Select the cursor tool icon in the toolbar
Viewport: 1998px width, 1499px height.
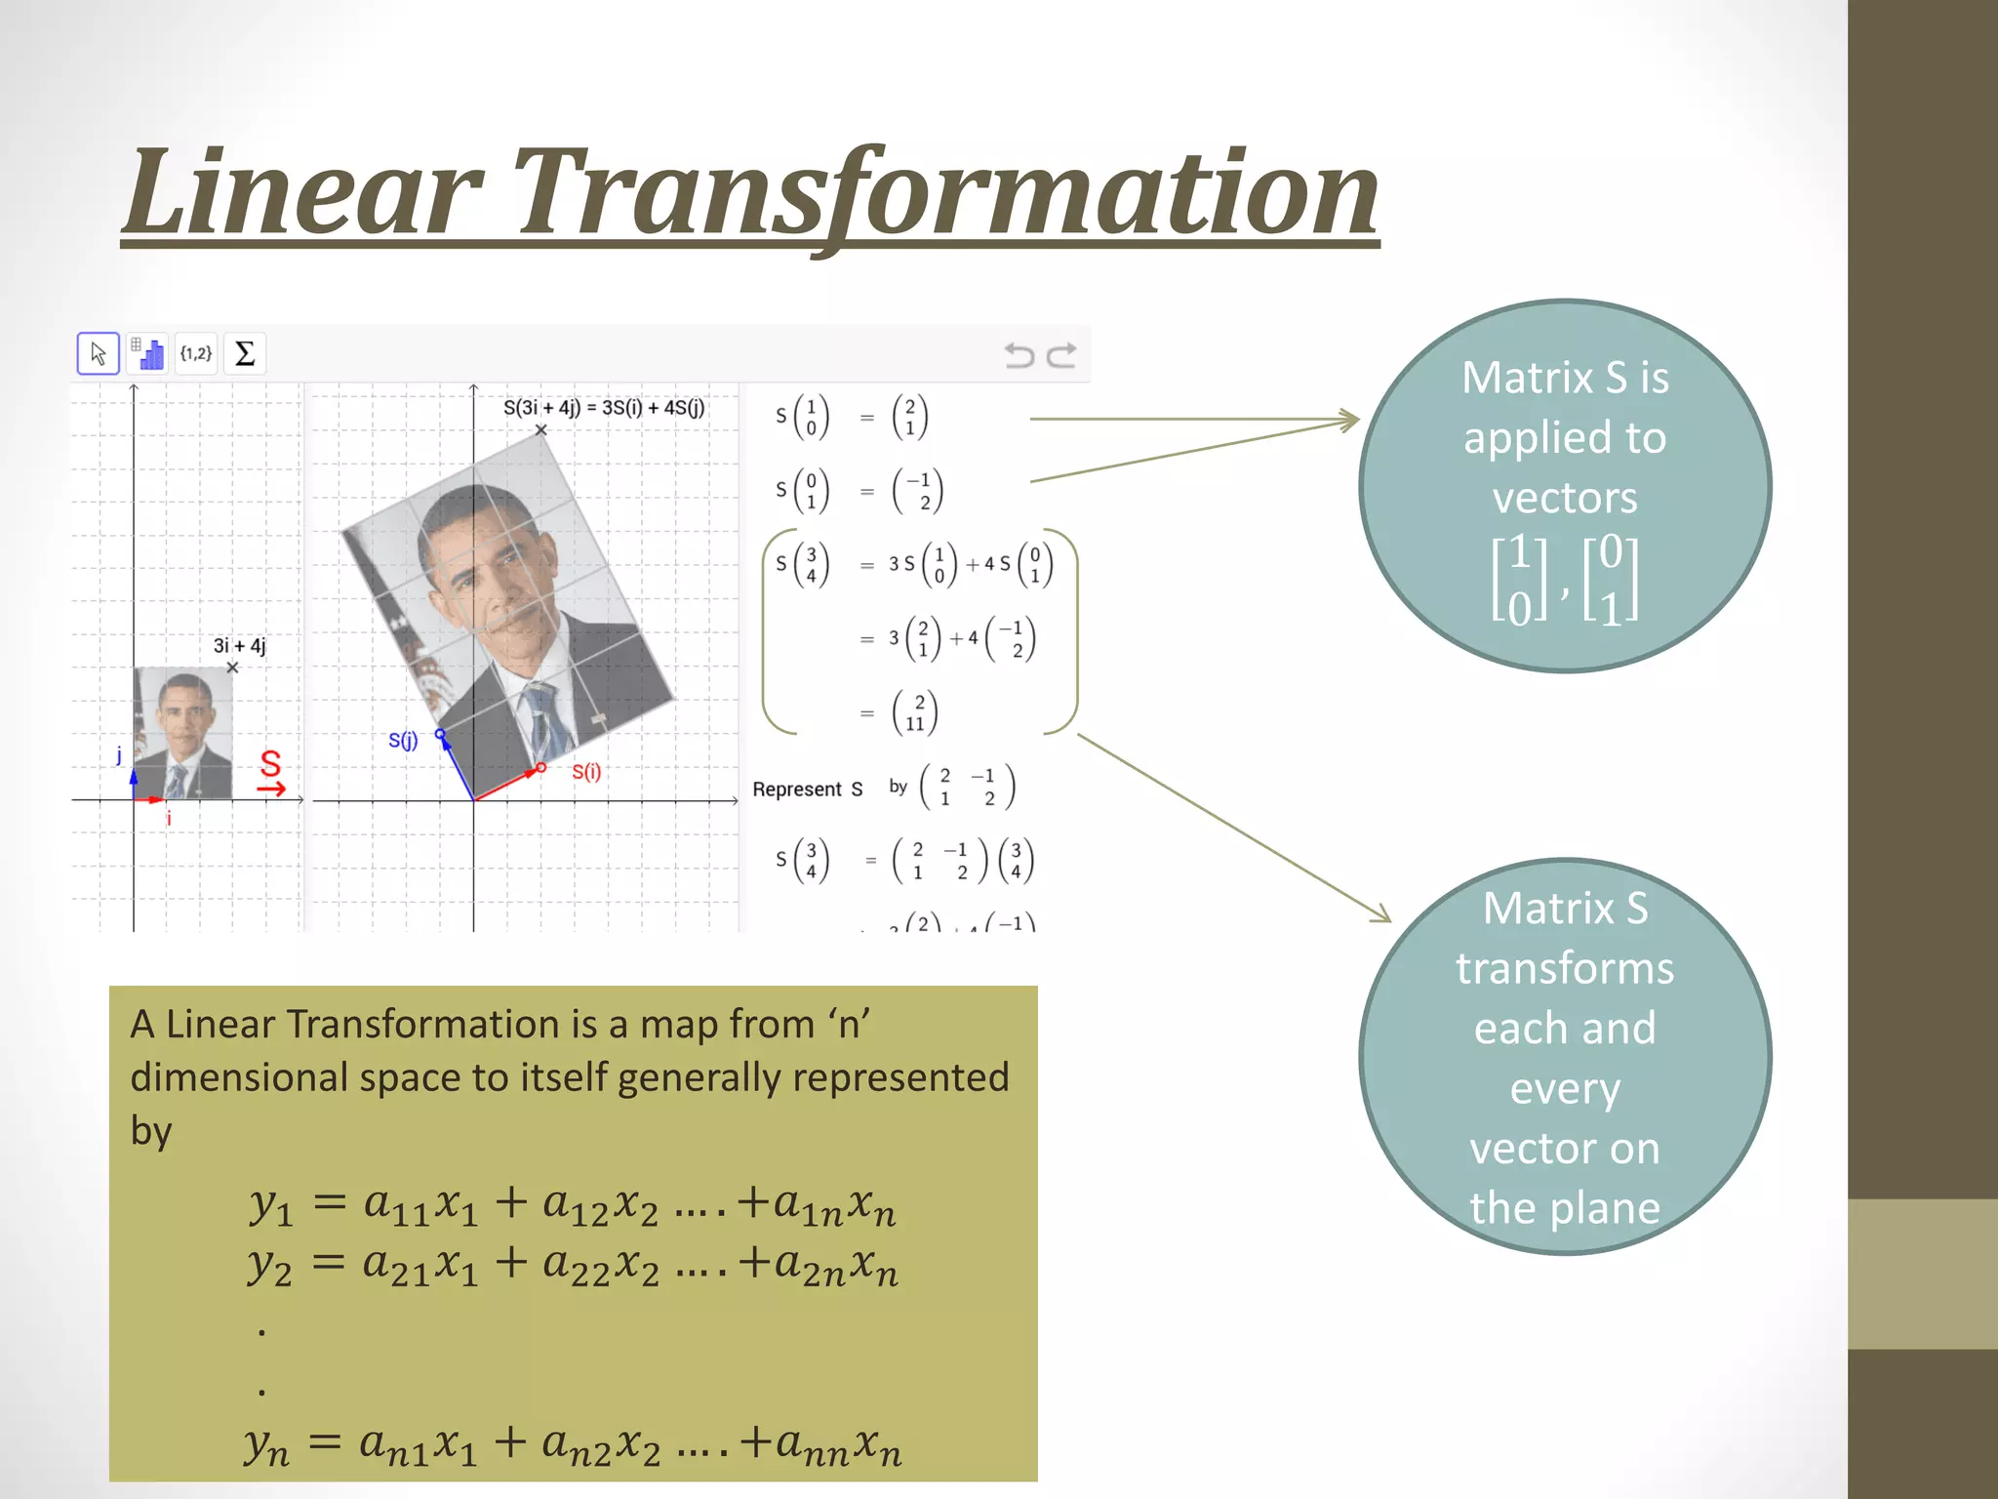tap(99, 353)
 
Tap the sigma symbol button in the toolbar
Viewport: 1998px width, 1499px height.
tap(245, 353)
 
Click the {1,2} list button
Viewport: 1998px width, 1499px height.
tap(196, 353)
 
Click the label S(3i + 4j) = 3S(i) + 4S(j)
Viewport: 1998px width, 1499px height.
tap(603, 408)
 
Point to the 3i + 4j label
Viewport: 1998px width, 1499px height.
tap(239, 646)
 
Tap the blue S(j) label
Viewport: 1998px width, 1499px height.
tap(403, 741)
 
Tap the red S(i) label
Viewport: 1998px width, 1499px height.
tap(586, 772)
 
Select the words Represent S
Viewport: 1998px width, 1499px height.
tap(807, 790)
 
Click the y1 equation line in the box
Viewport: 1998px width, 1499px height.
tap(571, 1206)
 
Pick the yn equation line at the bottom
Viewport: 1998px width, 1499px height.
tap(571, 1444)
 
